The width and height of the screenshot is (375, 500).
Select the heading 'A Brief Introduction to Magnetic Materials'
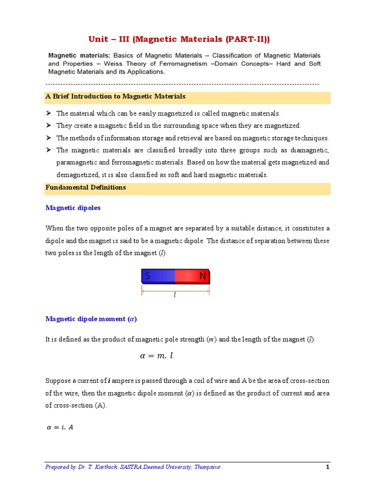[115, 97]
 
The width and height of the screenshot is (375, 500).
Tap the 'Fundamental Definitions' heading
[85, 187]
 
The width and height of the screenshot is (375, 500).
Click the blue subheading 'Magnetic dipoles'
[73, 208]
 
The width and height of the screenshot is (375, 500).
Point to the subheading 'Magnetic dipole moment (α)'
[91, 319]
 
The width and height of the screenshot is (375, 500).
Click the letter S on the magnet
[147, 277]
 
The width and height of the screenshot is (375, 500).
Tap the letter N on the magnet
[203, 277]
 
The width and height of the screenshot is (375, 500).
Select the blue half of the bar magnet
[158, 277]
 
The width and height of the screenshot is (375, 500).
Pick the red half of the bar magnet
[191, 277]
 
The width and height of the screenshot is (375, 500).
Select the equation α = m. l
[156, 356]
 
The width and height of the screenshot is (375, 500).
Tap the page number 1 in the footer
[328, 467]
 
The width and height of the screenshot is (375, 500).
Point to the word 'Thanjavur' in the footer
[207, 467]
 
